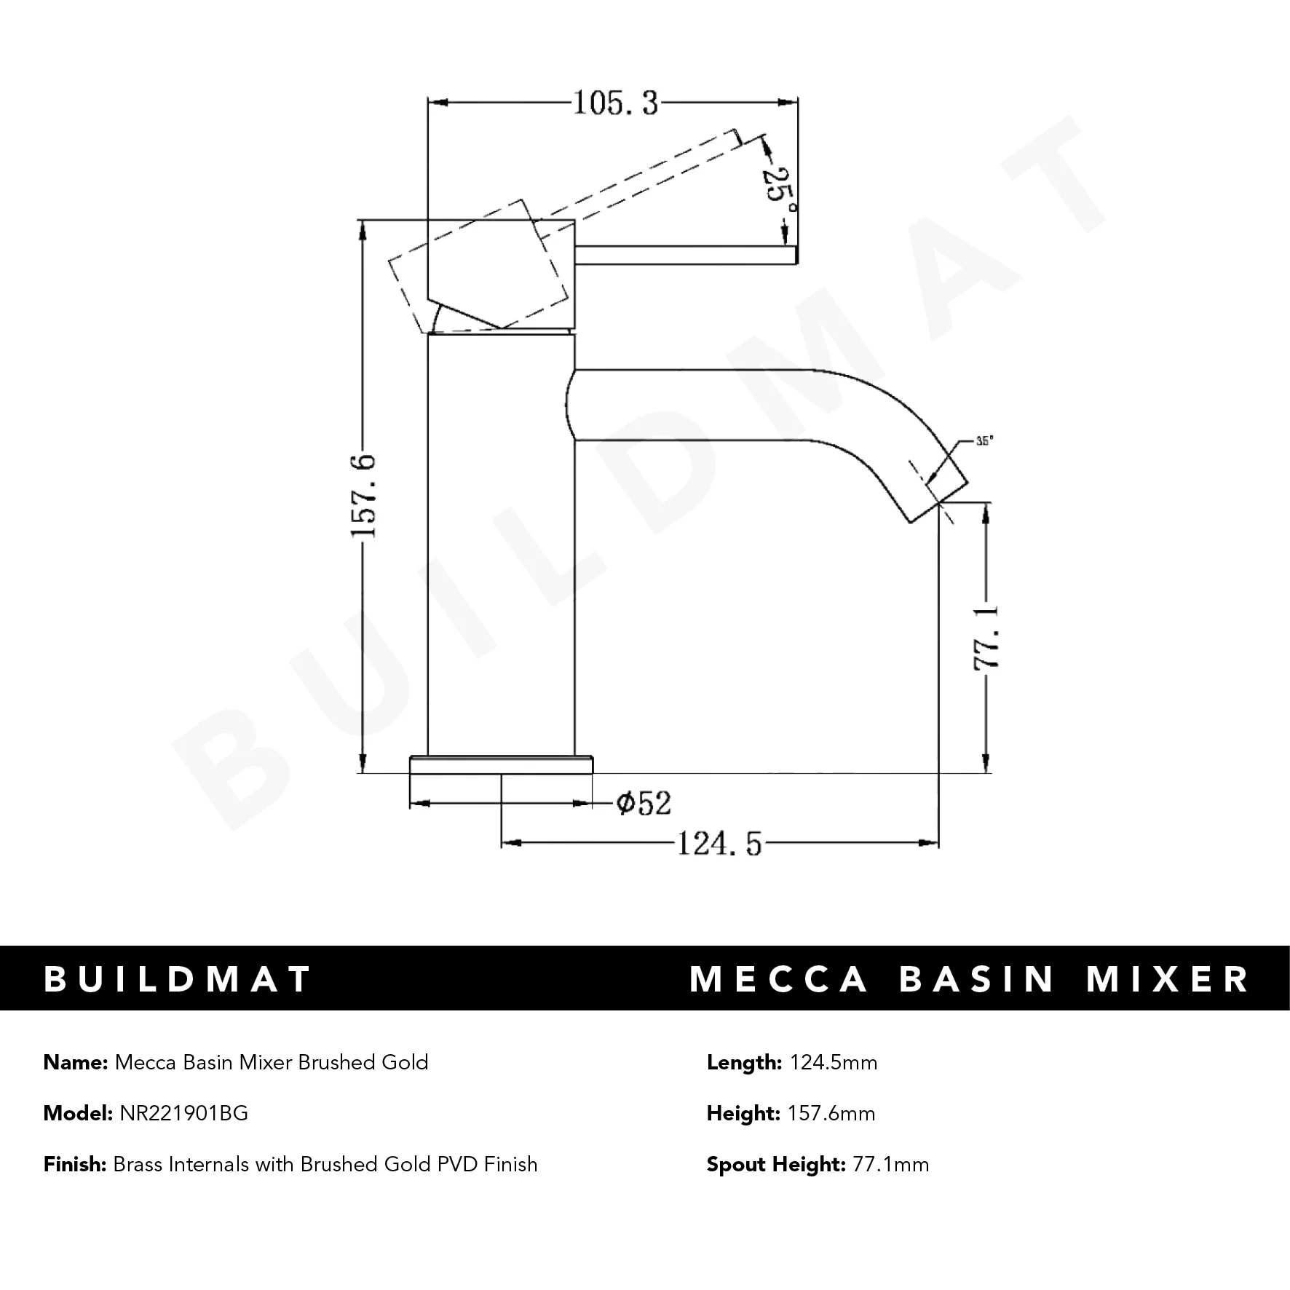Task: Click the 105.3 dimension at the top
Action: click(615, 103)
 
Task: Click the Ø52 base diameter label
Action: click(643, 803)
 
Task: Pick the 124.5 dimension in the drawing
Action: click(719, 844)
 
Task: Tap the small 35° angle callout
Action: click(984, 441)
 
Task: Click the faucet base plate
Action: click(502, 765)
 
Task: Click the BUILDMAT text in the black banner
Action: click(178, 979)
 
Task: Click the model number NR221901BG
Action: click(183, 1113)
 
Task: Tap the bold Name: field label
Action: click(76, 1062)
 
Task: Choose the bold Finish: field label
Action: click(75, 1164)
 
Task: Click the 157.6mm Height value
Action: click(831, 1113)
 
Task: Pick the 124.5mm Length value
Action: click(834, 1062)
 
